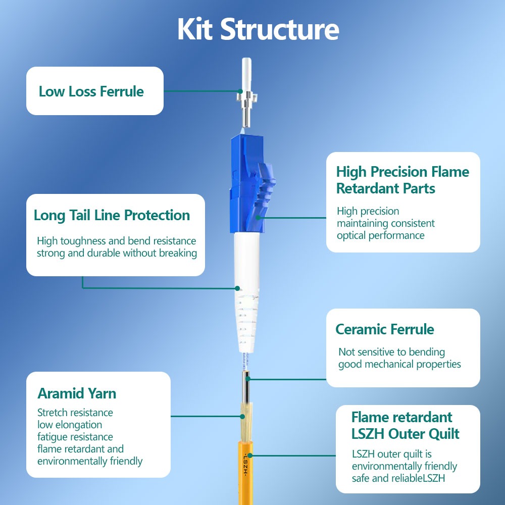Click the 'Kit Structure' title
(258, 29)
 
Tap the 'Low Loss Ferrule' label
(91, 91)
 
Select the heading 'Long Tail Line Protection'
(112, 216)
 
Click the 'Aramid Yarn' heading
(77, 393)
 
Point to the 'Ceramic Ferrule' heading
(385, 329)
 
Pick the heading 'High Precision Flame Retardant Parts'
(402, 180)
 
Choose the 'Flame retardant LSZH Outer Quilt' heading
(405, 425)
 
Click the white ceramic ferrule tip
(246, 74)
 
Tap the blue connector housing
(251, 184)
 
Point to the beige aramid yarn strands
(246, 422)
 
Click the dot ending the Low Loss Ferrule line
(240, 91)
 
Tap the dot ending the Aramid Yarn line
(242, 417)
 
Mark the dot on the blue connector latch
(258, 218)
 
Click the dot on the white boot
(237, 288)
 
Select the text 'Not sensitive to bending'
(392, 352)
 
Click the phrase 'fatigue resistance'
(75, 437)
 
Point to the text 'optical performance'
(381, 236)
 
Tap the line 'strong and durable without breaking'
(117, 253)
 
